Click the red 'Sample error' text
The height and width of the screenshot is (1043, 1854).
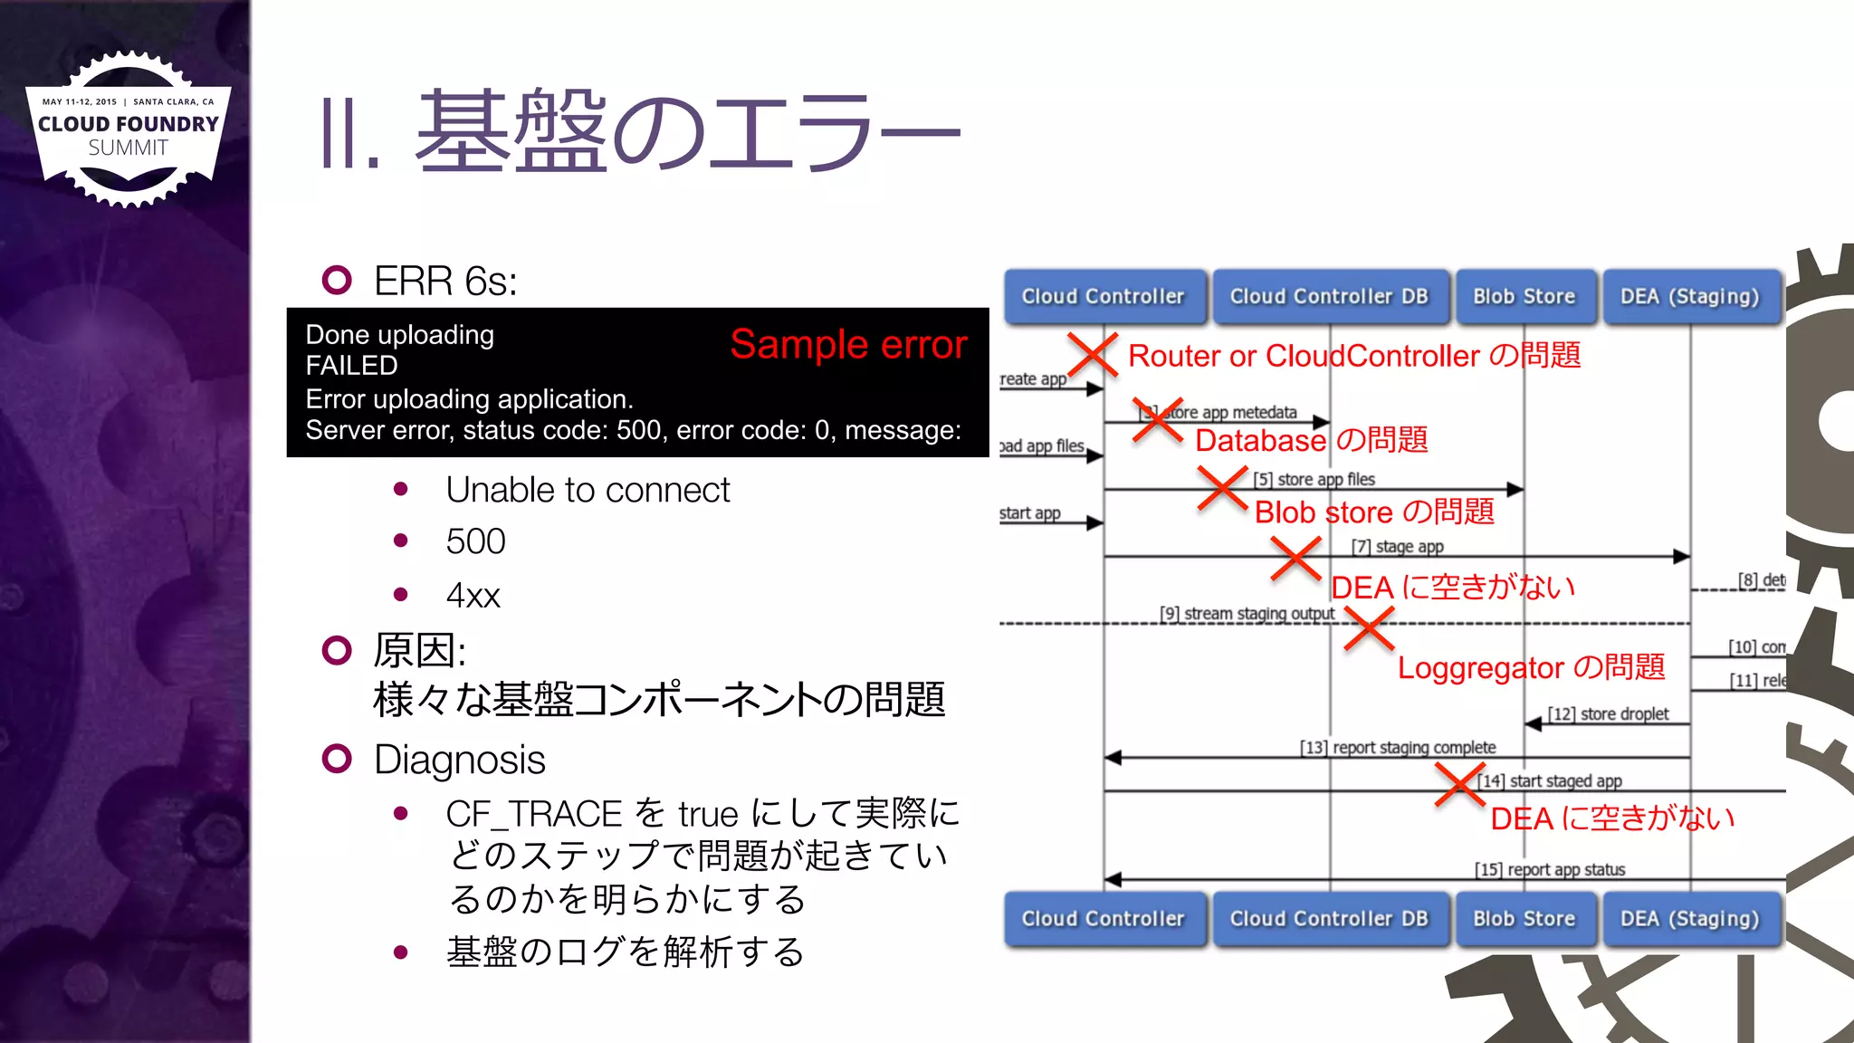coord(848,344)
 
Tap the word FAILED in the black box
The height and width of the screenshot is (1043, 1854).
coord(351,366)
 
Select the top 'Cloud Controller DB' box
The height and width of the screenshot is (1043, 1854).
coord(1328,296)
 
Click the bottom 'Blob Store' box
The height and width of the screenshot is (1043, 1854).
coord(1524,918)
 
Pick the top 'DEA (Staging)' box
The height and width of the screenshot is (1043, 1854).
coord(1689,296)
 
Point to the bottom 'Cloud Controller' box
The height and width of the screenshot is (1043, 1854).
coord(1103,918)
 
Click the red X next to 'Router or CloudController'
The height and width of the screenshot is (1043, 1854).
coord(1092,354)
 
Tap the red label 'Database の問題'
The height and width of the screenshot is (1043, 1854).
coord(1311,440)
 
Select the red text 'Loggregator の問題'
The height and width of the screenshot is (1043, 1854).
coord(1531,667)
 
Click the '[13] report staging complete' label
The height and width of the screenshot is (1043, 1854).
coord(1398,747)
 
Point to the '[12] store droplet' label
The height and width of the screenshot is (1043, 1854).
coord(1608,713)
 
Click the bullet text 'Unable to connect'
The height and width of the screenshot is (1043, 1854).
coord(588,490)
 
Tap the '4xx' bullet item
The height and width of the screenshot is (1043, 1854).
coord(473,596)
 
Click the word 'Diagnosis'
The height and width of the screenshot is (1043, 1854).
coord(459,760)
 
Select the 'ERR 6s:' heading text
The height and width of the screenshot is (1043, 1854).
coord(445,281)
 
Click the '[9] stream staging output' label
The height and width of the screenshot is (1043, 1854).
coord(1247,613)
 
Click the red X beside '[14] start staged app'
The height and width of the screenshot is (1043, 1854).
coord(1459,784)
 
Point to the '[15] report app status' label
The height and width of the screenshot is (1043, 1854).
coord(1550,869)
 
